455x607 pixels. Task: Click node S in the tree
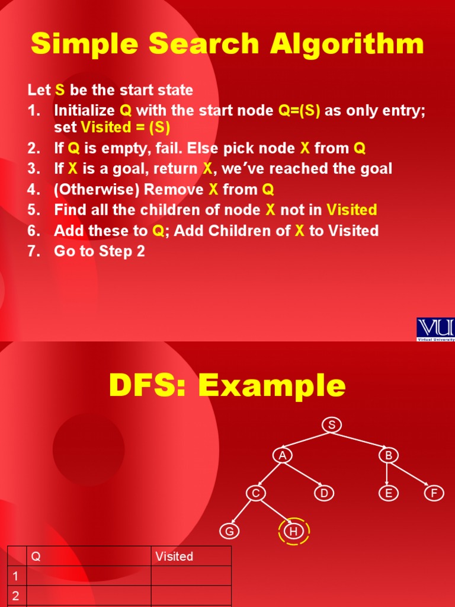tap(332, 424)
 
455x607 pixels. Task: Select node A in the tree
tap(283, 455)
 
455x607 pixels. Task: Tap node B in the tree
tap(388, 455)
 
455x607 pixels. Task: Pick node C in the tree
tap(255, 493)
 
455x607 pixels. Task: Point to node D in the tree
tap(323, 493)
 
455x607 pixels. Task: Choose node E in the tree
tap(388, 493)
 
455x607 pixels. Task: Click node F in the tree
tap(434, 493)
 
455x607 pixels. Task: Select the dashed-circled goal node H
tap(293, 532)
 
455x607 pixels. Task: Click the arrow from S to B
tap(360, 440)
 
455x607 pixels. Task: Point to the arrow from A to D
tap(303, 474)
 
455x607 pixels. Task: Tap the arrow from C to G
tap(242, 512)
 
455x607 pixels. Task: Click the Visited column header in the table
tap(174, 556)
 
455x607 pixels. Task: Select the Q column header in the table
tap(36, 556)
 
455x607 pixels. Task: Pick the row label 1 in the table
tap(15, 576)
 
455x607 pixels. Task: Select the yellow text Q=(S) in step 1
tap(299, 111)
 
